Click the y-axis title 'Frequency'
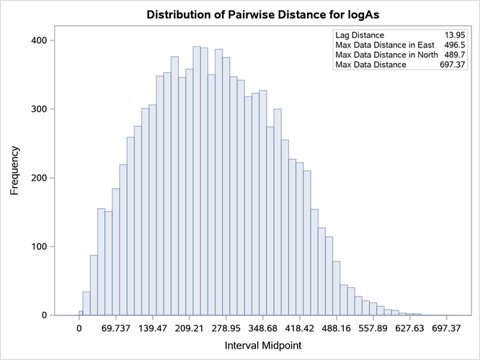point(14,171)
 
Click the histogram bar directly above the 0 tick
point(81,313)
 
